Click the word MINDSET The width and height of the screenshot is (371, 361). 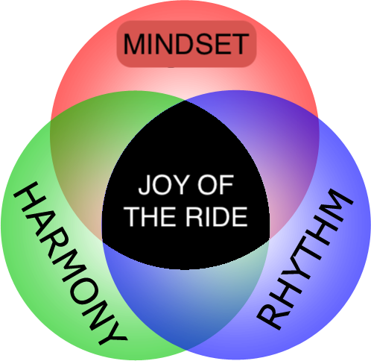tap(186, 44)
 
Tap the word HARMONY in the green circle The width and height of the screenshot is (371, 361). tap(70, 263)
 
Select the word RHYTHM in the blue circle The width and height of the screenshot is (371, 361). tap(305, 259)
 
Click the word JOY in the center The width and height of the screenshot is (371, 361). tap(162, 185)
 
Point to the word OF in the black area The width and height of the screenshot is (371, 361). tap(215, 185)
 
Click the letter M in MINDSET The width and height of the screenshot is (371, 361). tap(134, 44)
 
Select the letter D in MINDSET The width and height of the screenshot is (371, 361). tap(183, 44)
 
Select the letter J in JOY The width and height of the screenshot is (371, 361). tap(144, 185)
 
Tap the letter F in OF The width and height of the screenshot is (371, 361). tap(226, 185)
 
